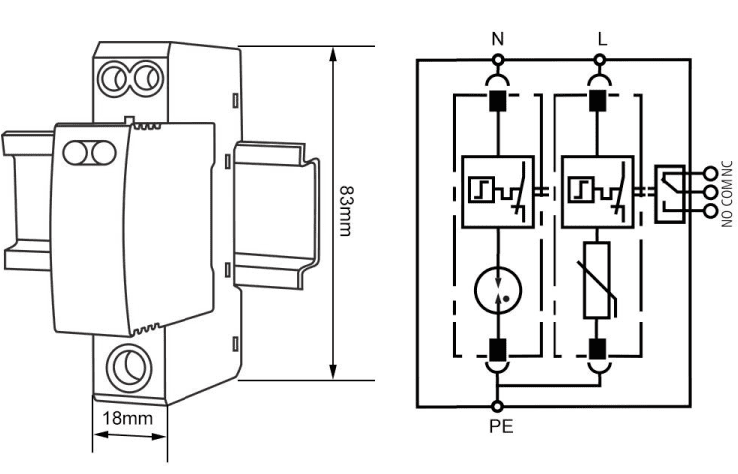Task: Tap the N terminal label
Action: (497, 38)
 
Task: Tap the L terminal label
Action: (599, 38)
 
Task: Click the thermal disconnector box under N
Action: (497, 191)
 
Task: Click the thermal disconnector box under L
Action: (598, 191)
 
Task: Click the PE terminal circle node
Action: (497, 406)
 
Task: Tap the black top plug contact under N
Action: (497, 101)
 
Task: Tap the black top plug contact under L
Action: (599, 101)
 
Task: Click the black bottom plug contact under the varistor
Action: (599, 348)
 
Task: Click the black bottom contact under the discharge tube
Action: (497, 348)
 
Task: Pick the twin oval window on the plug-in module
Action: (88, 153)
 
